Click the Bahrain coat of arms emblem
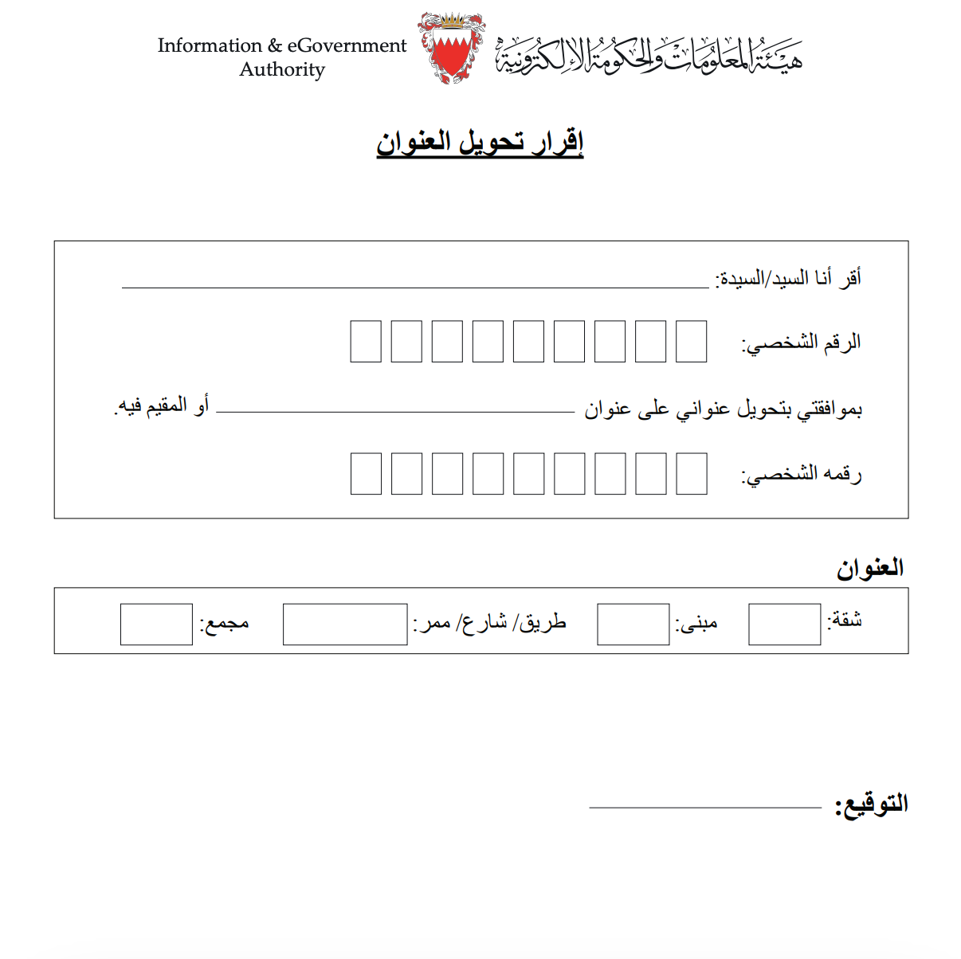click(452, 48)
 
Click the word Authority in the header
click(282, 70)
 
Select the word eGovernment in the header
click(347, 45)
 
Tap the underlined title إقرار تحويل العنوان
click(480, 143)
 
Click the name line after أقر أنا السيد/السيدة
click(414, 281)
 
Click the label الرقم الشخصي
click(802, 343)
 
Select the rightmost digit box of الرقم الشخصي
click(691, 342)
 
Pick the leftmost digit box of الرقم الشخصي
click(366, 342)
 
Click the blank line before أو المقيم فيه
click(395, 406)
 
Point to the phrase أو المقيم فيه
click(162, 406)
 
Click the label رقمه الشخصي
click(802, 475)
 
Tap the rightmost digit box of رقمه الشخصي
click(691, 474)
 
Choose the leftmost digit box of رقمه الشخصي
click(366, 474)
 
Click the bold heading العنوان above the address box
click(869, 569)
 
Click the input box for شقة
click(784, 624)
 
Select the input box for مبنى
click(633, 624)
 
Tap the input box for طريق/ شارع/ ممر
click(345, 624)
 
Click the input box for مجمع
click(156, 624)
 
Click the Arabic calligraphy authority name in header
click(649, 55)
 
